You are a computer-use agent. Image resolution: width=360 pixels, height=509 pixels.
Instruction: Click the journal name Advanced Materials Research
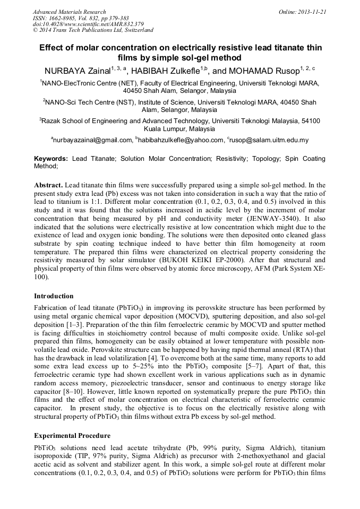click(x=69, y=12)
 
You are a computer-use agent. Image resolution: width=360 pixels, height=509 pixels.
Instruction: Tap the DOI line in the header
click(x=88, y=24)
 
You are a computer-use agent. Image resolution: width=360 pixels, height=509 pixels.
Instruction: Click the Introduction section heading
click(x=54, y=296)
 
